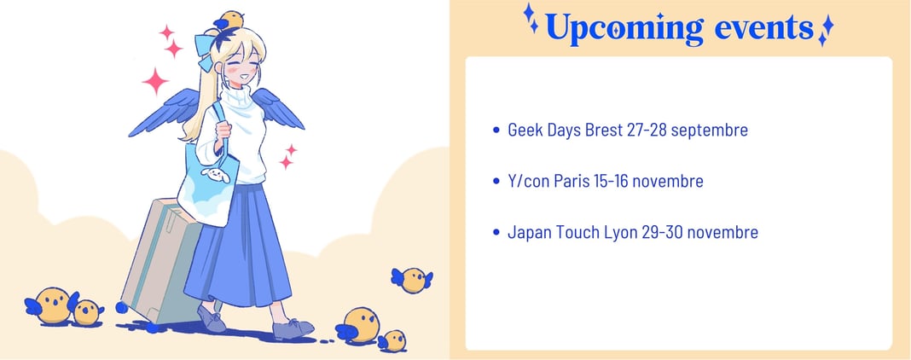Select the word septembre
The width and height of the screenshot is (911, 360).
pos(709,131)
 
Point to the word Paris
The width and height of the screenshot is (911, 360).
pos(572,181)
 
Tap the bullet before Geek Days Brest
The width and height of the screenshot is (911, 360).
pos(496,130)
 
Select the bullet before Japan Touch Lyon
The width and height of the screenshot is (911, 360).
pos(496,233)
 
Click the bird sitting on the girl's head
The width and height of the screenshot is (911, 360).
pos(229,21)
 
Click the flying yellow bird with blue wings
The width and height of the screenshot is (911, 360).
pos(412,280)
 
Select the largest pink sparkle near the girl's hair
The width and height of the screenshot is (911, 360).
pos(155,81)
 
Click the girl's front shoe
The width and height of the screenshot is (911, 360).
pos(293,328)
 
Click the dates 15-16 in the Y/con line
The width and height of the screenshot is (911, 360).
pos(611,181)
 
